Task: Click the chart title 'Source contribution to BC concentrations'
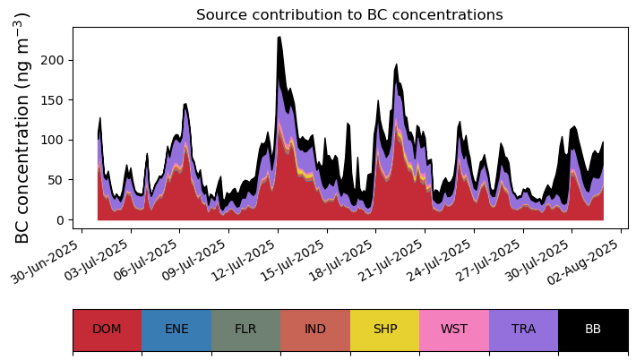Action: [349, 14]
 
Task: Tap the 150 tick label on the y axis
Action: [53, 100]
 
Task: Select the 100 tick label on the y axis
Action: [53, 141]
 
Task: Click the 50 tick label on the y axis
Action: [56, 180]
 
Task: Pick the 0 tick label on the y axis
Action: [60, 220]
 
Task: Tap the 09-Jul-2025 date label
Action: [193, 261]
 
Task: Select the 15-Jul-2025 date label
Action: [292, 261]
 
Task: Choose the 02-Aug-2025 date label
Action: [585, 261]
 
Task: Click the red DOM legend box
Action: [107, 330]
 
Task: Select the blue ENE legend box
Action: [176, 330]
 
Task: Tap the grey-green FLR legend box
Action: [246, 330]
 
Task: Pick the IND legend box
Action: [315, 330]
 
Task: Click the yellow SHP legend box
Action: [385, 330]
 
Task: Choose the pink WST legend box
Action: [454, 330]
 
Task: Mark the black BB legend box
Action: [593, 330]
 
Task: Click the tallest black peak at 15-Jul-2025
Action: [279, 38]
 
